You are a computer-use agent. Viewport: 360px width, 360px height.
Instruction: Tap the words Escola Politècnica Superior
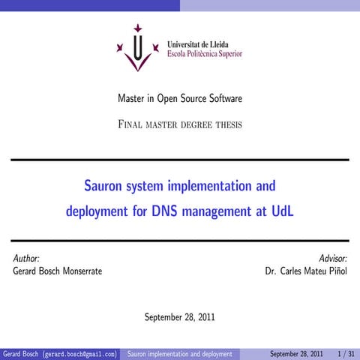(x=204, y=55)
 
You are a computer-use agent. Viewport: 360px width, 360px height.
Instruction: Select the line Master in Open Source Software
(x=179, y=99)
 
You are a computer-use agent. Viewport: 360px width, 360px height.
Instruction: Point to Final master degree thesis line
(x=179, y=124)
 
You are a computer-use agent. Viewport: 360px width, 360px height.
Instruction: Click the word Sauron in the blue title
(x=104, y=184)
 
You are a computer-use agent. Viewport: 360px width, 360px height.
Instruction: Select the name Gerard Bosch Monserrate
(x=58, y=271)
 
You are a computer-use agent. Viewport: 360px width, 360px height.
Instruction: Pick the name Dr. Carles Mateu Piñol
(x=305, y=271)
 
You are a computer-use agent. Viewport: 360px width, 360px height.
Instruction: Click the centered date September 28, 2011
(x=179, y=316)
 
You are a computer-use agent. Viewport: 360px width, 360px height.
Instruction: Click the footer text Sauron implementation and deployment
(x=179, y=353)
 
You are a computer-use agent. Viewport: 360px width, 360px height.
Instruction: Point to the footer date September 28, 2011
(x=296, y=353)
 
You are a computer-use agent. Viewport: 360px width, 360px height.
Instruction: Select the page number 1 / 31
(x=346, y=353)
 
